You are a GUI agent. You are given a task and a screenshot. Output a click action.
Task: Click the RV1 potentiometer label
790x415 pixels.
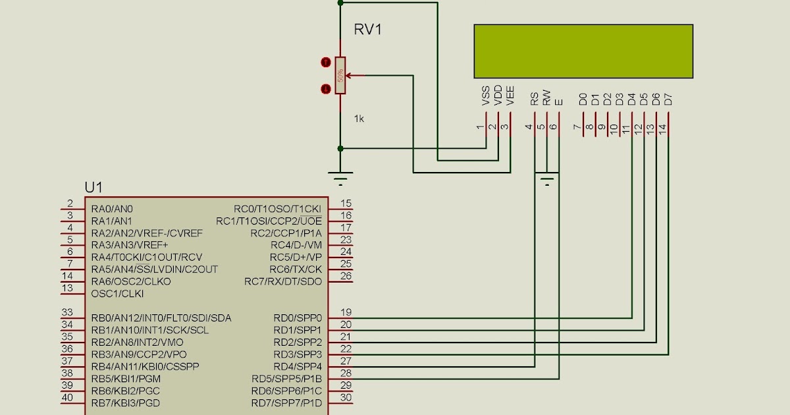369,30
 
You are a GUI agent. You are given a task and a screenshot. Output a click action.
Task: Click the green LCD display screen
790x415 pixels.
583,51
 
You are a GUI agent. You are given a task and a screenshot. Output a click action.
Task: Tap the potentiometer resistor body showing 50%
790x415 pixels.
340,75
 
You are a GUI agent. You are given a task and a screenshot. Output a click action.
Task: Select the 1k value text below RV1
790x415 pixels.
359,119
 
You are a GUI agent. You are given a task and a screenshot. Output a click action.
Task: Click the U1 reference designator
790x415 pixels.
93,188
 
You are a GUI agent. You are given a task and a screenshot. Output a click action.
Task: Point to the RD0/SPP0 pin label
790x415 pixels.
298,318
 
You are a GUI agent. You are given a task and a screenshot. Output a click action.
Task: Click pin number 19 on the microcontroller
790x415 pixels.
346,312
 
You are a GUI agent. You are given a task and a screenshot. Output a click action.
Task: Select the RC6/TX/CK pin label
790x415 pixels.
296,269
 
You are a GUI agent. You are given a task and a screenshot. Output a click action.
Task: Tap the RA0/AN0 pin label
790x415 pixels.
112,208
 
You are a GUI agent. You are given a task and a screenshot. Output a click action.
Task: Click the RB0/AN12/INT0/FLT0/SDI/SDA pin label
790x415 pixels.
161,318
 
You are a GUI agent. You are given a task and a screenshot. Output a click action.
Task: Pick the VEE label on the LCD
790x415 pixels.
510,96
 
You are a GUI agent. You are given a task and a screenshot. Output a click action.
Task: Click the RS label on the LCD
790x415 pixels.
535,99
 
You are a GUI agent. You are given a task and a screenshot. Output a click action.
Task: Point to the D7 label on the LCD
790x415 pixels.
668,99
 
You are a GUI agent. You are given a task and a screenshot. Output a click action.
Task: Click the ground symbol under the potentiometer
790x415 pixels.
340,177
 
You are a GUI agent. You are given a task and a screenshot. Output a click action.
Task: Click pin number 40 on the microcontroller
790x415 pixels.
67,397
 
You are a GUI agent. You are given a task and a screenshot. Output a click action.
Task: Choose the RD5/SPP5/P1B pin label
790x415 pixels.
286,379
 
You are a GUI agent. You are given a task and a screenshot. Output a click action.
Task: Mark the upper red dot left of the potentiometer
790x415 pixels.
325,63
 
